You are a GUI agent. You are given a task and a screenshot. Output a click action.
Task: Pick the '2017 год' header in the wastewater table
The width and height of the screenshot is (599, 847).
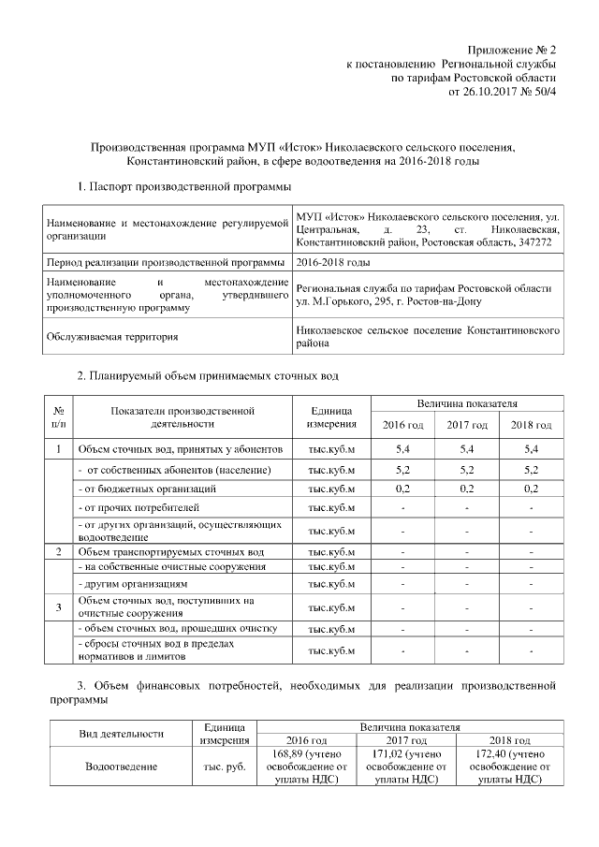[467, 426]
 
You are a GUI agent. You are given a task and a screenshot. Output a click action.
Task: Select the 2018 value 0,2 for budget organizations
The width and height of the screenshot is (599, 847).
[531, 489]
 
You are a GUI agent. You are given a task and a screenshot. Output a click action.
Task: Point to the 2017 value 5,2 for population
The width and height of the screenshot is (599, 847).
[467, 469]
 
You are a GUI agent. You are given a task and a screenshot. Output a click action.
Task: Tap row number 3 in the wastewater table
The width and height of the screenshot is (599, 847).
[59, 607]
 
